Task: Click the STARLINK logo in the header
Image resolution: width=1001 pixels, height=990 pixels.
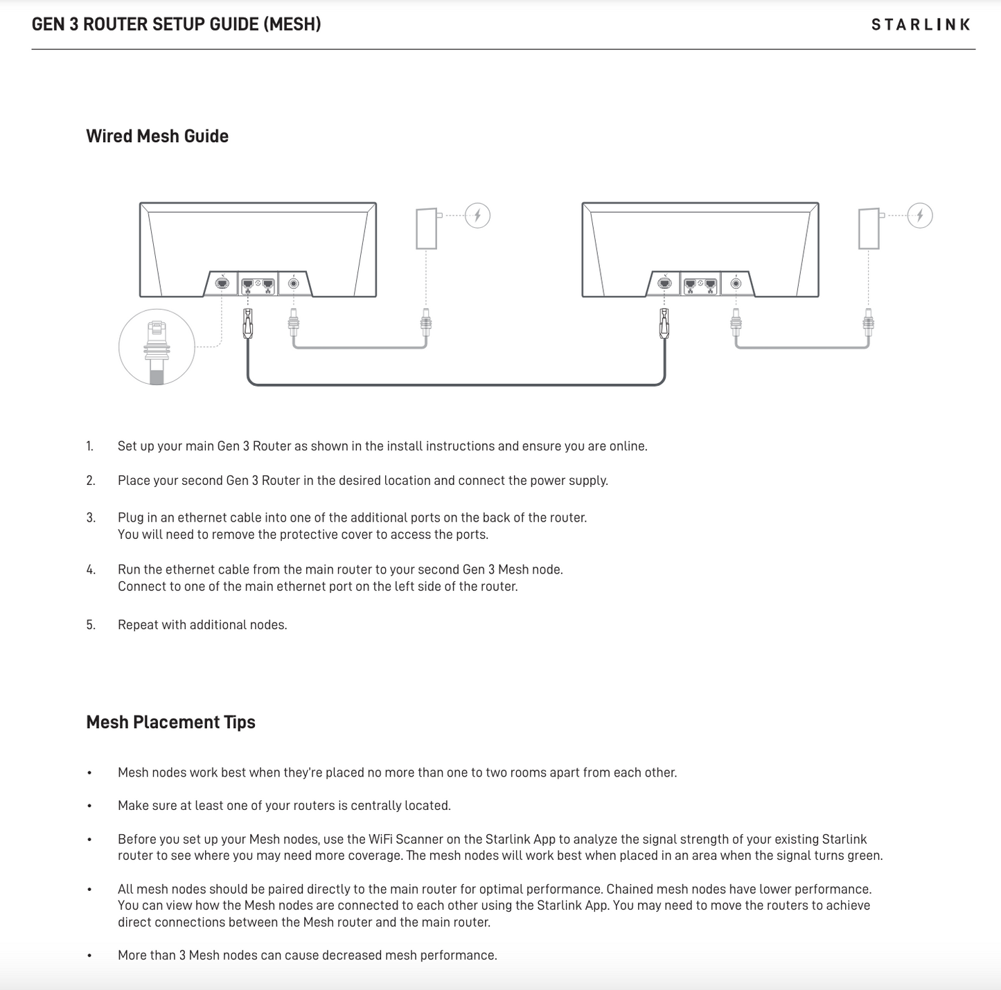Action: coord(921,25)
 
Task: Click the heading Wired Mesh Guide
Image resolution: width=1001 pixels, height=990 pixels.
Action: coord(157,136)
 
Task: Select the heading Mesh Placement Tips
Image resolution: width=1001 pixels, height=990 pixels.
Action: coord(170,722)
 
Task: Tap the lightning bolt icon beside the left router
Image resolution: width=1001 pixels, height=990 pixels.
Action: coord(477,215)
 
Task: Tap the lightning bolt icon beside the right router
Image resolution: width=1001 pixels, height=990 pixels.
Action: coord(920,215)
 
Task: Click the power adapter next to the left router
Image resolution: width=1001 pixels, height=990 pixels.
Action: coord(427,228)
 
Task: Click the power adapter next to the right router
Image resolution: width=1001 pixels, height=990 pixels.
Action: coord(869,229)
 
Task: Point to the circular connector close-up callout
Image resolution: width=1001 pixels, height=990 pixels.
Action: coord(157,347)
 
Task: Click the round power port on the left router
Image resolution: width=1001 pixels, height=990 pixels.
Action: coord(294,283)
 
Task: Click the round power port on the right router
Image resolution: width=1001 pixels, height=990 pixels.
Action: coord(736,283)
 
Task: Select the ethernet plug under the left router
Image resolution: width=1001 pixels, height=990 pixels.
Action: coord(248,324)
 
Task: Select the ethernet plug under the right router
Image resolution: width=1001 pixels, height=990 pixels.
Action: coord(664,324)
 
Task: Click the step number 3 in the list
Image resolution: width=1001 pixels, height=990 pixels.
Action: coord(91,518)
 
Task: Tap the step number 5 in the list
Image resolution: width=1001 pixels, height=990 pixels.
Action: coord(91,625)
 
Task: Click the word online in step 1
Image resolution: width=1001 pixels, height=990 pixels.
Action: coord(627,446)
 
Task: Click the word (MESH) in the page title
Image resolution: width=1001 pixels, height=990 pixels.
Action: coord(292,25)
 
